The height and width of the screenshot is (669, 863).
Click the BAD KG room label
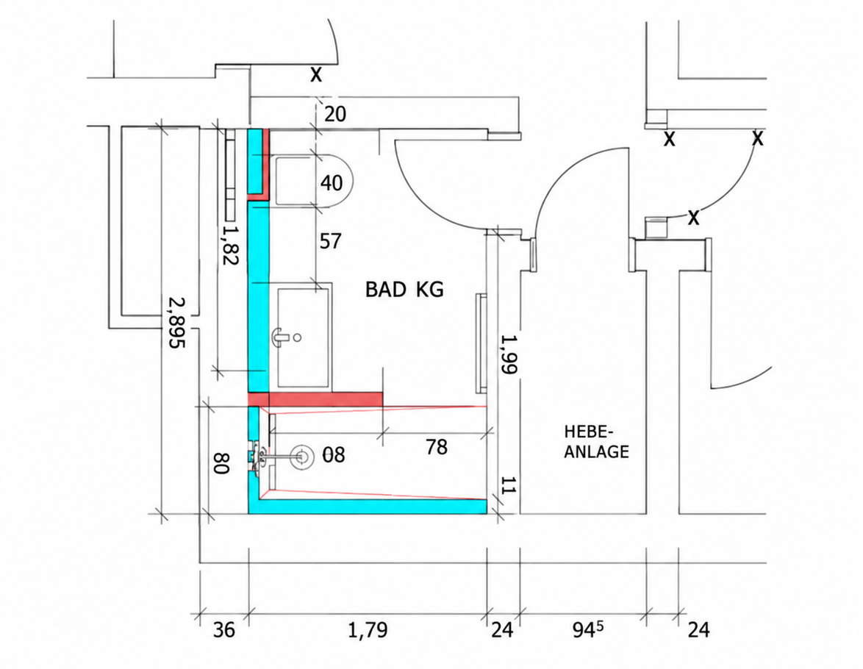(x=404, y=289)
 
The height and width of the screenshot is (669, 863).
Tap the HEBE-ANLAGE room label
(x=597, y=442)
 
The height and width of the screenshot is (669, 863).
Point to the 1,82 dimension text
(x=229, y=244)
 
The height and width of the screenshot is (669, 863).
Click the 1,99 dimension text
(x=509, y=354)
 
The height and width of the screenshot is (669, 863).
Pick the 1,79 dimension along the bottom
(x=368, y=630)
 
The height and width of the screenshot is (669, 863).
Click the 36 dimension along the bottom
(x=224, y=630)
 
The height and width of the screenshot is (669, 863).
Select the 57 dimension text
(x=330, y=241)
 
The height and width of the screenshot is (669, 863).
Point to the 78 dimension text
(x=437, y=446)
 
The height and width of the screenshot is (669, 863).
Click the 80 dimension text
(x=220, y=463)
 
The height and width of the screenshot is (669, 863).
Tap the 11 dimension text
(x=509, y=486)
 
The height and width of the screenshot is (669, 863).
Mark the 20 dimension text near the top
(x=335, y=114)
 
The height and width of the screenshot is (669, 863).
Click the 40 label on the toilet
(x=332, y=182)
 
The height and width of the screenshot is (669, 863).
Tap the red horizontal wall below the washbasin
(x=315, y=399)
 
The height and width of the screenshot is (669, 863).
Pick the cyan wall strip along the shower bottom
(x=368, y=506)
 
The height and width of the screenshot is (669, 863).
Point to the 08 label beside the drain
(x=334, y=455)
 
